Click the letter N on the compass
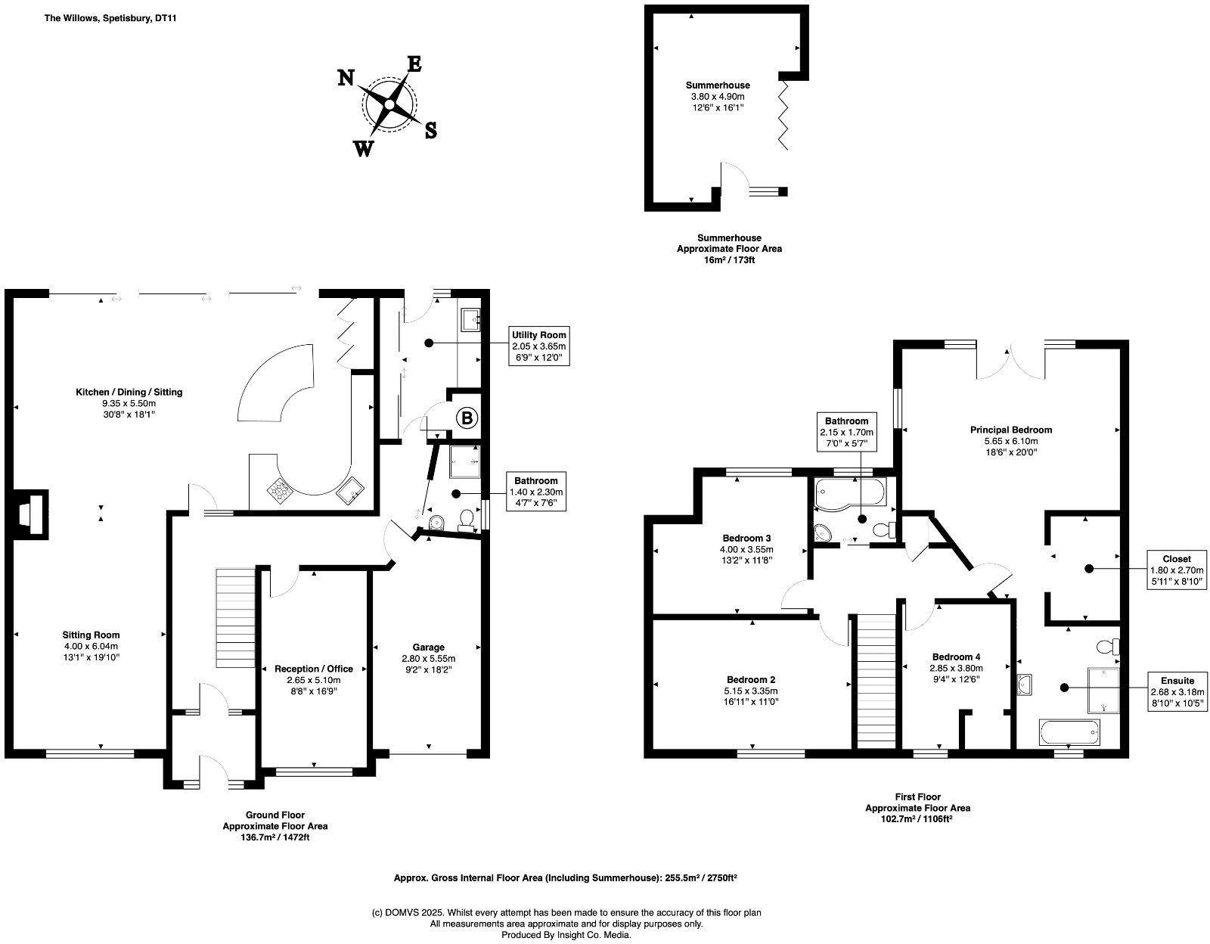tap(346, 78)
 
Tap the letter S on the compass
tap(430, 130)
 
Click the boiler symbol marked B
tap(467, 417)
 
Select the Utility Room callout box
tap(538, 346)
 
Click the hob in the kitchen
tap(281, 491)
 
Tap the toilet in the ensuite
tap(1109, 647)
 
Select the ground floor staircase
tap(236, 617)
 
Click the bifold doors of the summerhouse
tap(786, 114)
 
